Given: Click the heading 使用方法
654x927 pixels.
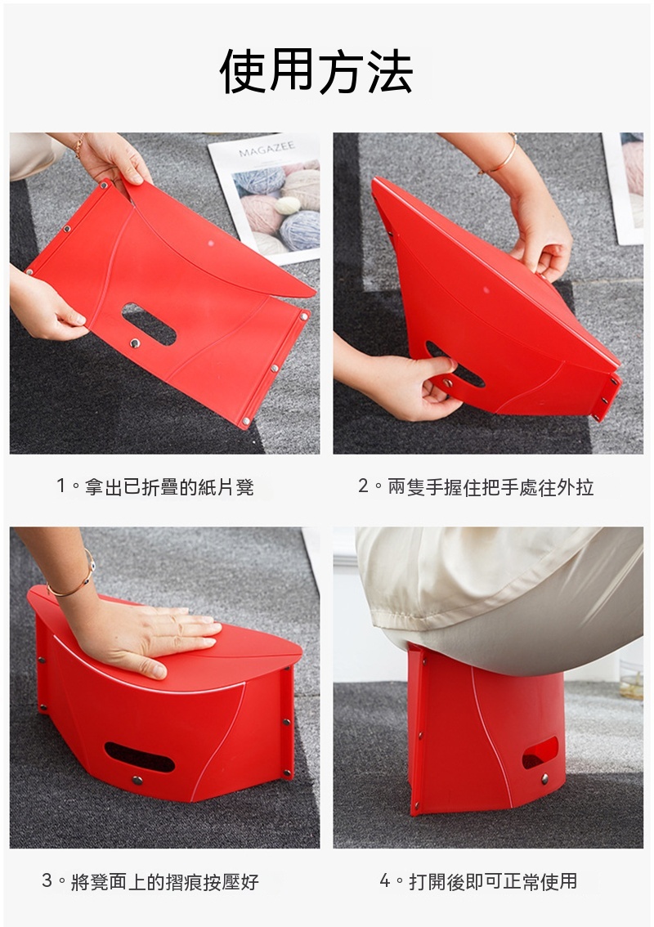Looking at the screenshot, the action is tap(316, 72).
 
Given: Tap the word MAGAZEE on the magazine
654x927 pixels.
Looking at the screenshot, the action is tap(267, 149).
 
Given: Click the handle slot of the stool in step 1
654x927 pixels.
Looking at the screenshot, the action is tap(149, 324).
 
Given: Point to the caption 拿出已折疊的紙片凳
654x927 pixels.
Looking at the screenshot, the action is tap(169, 486).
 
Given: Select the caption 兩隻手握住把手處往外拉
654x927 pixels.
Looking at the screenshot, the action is tap(490, 486).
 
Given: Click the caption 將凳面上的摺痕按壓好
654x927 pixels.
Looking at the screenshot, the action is tap(164, 881).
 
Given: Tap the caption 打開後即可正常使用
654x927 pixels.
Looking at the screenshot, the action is tap(493, 881).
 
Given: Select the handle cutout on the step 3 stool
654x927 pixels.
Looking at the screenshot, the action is tap(139, 757).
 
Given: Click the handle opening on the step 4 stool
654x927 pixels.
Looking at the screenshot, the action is tap(540, 752).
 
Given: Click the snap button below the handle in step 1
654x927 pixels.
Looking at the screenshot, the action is tap(136, 343).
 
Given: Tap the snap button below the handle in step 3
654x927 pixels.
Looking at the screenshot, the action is tap(137, 781).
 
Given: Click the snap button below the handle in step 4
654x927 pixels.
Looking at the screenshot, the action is tap(544, 778).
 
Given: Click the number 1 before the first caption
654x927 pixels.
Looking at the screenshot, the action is tap(60, 486).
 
